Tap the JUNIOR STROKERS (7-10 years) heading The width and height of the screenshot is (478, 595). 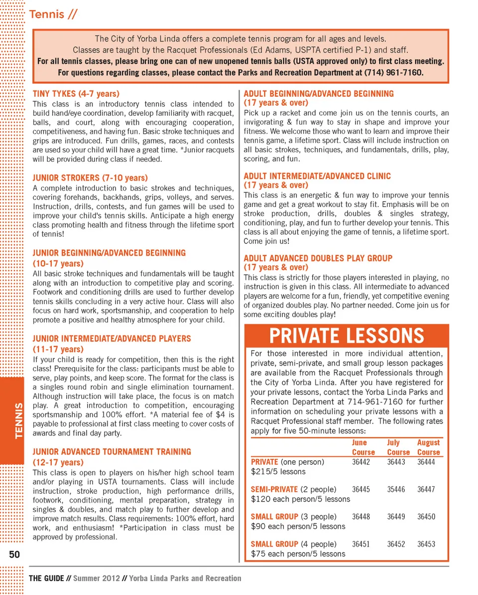click(x=90, y=178)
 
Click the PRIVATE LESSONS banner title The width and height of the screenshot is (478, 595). click(x=347, y=336)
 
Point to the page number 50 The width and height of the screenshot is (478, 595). click(x=14, y=554)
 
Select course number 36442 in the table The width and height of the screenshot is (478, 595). click(x=361, y=462)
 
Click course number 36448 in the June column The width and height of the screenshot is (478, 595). click(x=361, y=517)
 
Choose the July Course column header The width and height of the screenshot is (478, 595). click(x=398, y=447)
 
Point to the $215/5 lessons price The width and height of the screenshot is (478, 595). click(x=278, y=471)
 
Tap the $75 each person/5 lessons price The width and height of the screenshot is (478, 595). click(x=298, y=554)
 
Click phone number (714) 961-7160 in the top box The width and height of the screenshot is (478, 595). click(x=392, y=73)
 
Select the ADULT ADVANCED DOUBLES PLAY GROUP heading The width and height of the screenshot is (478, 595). click(x=318, y=258)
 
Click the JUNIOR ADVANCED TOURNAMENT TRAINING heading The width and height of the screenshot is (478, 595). click(x=112, y=452)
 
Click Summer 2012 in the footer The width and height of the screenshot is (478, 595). click(x=97, y=579)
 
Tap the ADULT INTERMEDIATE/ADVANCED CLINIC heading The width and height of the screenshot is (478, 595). click(x=317, y=176)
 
